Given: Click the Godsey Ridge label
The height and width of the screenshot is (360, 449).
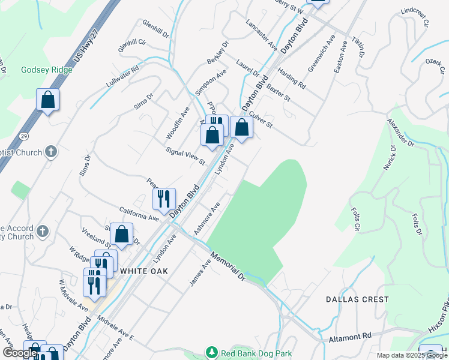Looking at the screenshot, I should (46, 70).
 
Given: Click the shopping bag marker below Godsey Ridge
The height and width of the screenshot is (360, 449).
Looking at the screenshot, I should (48, 100).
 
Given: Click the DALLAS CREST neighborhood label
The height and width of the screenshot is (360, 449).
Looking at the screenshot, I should (357, 299).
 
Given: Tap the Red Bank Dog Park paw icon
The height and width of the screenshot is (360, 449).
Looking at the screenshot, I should (211, 352).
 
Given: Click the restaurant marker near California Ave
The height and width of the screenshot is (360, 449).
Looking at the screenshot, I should (164, 199).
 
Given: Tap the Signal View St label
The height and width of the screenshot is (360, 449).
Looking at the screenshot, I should (185, 158).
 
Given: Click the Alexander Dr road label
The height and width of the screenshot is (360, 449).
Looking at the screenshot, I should (400, 133).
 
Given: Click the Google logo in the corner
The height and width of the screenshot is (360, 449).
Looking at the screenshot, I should (20, 353).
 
